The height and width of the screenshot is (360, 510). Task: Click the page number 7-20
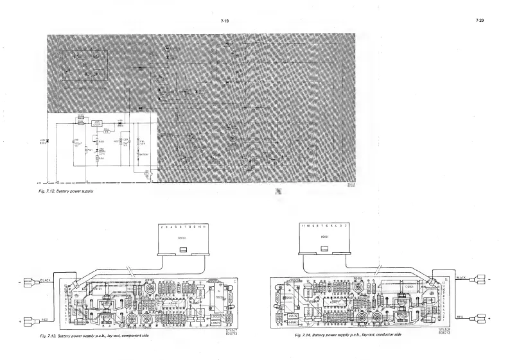[x=479, y=22]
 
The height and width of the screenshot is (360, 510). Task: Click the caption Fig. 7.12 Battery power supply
[x=70, y=190]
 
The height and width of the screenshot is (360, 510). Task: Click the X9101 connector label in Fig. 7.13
[x=182, y=236]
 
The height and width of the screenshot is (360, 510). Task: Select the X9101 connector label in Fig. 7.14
[x=326, y=236]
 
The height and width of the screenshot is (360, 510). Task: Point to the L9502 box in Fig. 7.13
[x=215, y=317]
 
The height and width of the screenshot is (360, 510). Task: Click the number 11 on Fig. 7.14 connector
[x=302, y=227]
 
